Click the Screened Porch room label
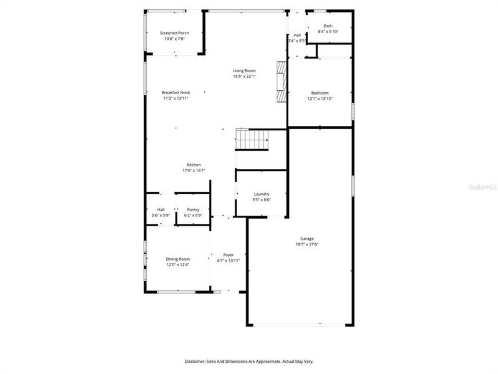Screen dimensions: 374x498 (x=174, y=33)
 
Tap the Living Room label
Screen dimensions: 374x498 (x=245, y=70)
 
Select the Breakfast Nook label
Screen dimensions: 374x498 (x=176, y=92)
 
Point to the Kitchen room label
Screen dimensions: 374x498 (x=194, y=165)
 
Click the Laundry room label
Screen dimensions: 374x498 (x=261, y=194)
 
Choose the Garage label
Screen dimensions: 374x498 (x=307, y=239)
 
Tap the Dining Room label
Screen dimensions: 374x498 (x=177, y=259)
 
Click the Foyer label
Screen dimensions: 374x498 (x=228, y=255)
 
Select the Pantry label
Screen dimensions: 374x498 (x=193, y=209)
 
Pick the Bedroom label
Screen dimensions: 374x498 (x=320, y=93)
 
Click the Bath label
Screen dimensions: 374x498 (x=327, y=26)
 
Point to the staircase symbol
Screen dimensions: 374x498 (x=251, y=140)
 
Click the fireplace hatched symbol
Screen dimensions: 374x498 (x=282, y=82)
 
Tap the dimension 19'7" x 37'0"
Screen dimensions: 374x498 (x=307, y=245)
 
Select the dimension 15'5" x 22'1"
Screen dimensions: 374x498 (x=245, y=77)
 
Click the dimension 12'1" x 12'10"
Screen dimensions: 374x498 (x=320, y=98)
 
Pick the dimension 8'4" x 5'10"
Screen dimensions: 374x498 (x=327, y=31)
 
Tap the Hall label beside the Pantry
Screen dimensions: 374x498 (x=161, y=209)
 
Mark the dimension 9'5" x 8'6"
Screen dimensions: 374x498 (x=261, y=200)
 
